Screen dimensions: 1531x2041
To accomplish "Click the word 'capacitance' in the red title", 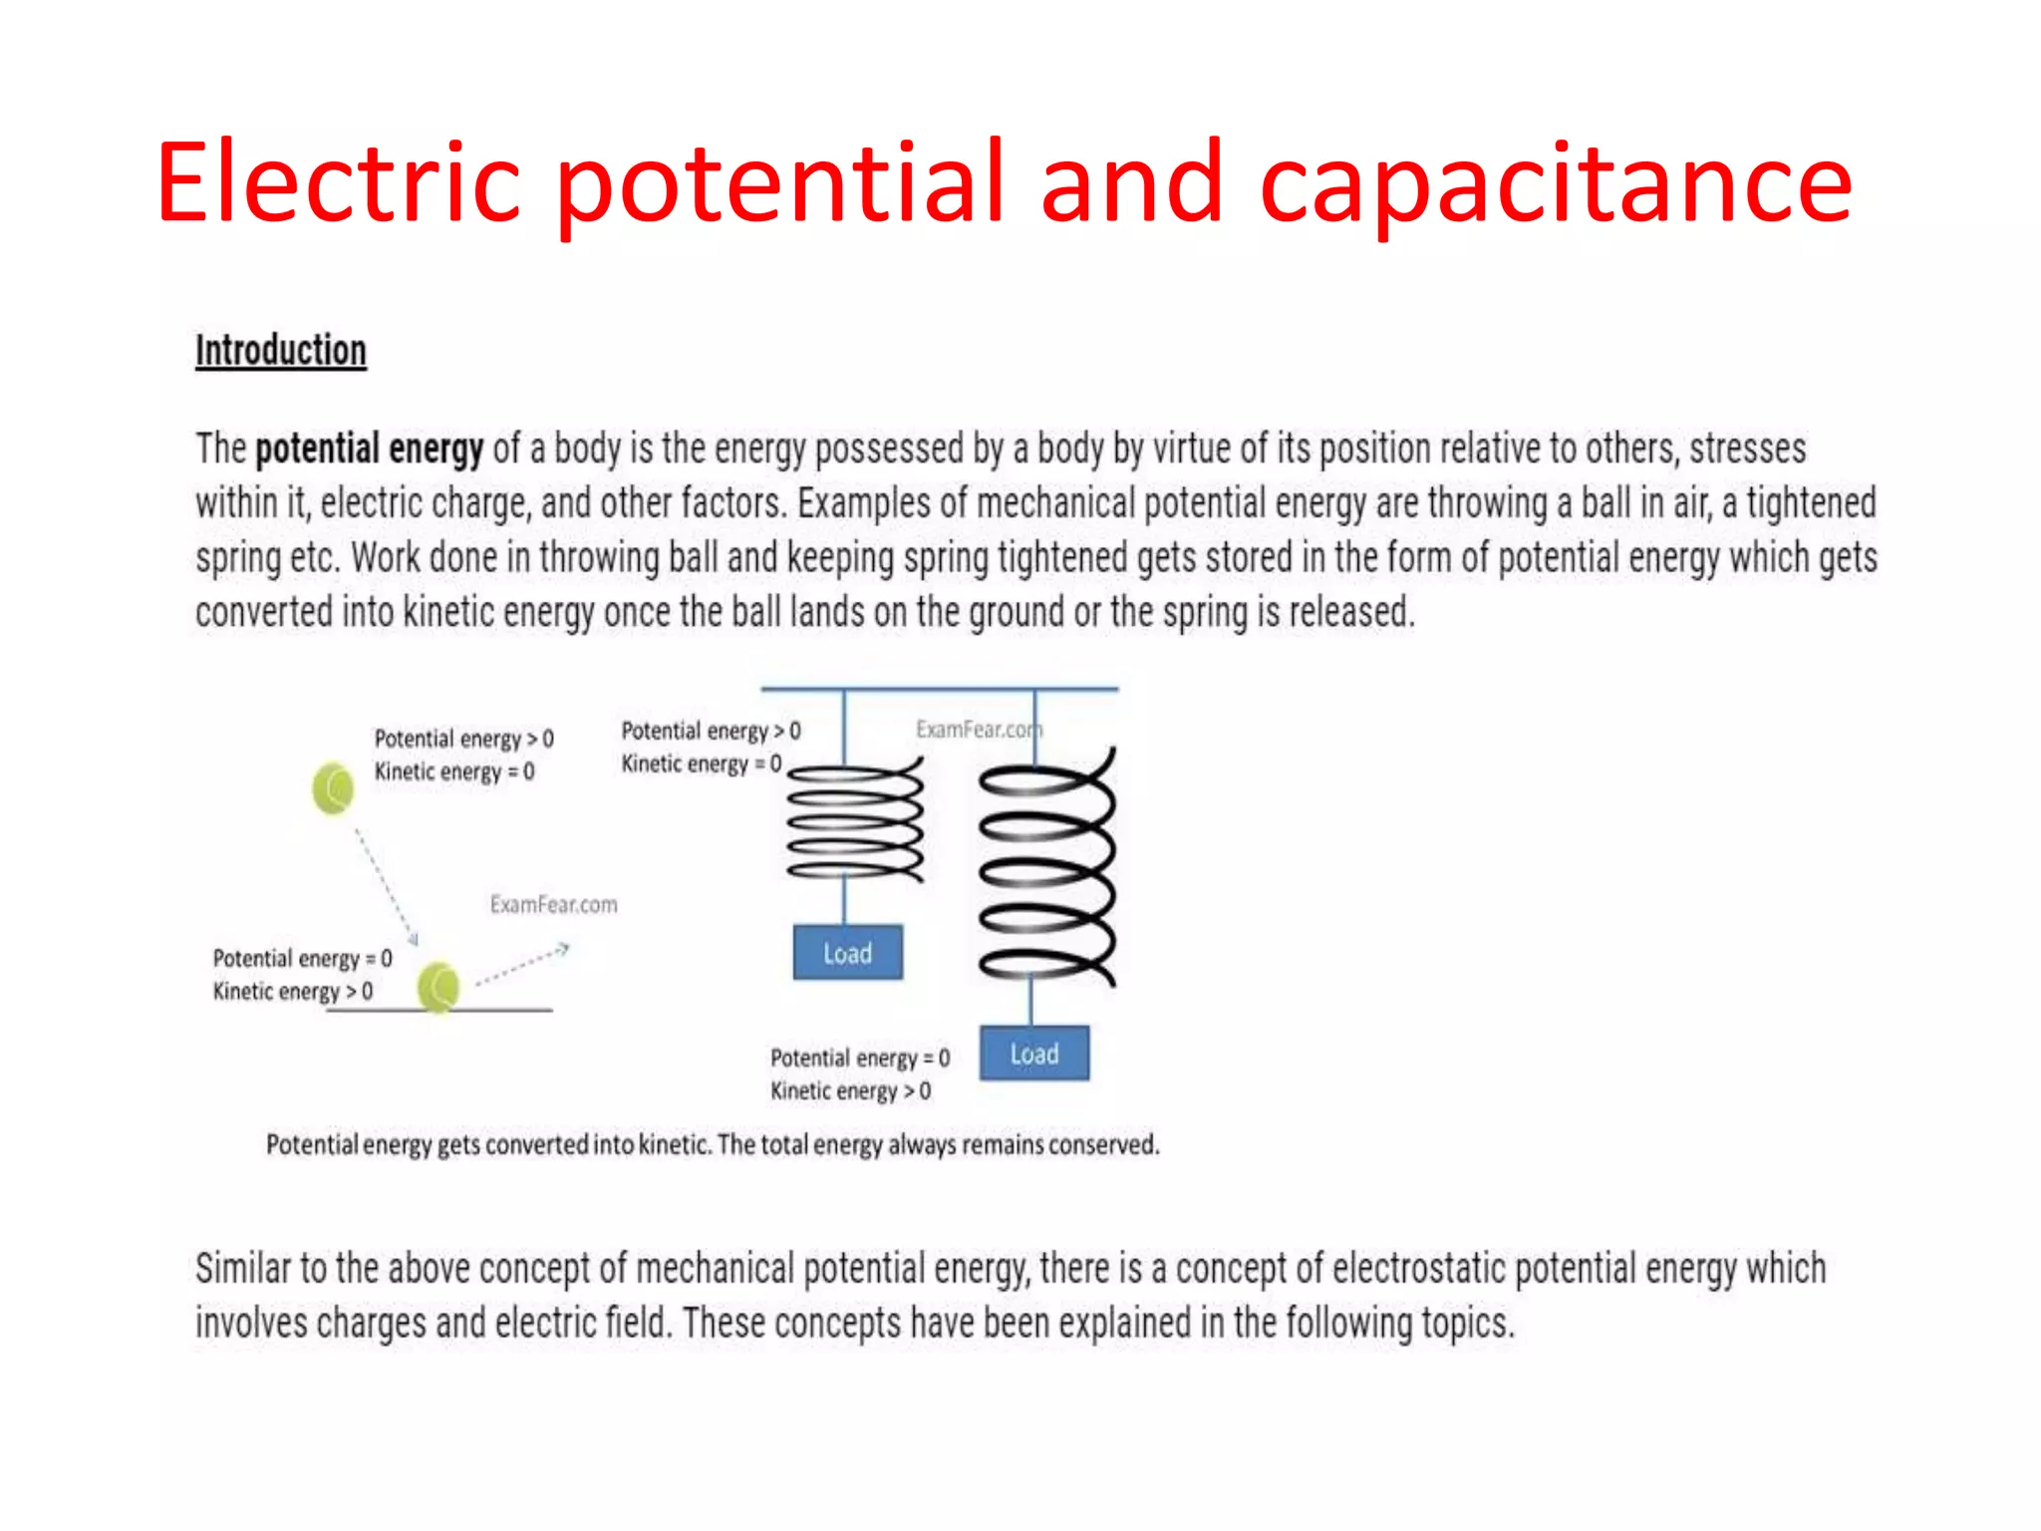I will [x=1555, y=184].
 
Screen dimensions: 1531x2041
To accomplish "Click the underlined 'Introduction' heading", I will [x=281, y=351].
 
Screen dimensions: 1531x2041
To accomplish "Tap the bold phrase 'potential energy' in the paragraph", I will [x=370, y=449].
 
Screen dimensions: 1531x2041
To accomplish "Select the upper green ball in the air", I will [x=333, y=788].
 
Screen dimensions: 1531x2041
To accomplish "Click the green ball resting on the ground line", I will [x=438, y=987].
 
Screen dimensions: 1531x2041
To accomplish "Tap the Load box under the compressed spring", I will [x=847, y=953].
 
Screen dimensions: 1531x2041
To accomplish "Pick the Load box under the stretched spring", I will [x=1033, y=1054].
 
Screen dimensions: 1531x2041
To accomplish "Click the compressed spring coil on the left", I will [x=855, y=820].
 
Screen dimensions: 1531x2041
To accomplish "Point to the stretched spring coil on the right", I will [x=1046, y=867].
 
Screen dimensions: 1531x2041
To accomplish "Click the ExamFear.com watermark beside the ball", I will [x=553, y=904].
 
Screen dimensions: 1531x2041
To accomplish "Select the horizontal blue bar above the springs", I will [x=939, y=689].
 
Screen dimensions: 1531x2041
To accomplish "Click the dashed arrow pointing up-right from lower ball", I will [x=522, y=965].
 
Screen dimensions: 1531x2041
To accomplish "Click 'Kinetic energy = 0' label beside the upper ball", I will [x=454, y=771].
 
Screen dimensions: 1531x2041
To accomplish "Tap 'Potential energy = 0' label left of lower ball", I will [x=302, y=958].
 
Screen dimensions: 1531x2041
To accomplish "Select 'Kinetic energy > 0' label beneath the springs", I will [x=850, y=1090].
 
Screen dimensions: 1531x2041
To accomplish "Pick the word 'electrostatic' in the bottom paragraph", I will [x=1418, y=1269].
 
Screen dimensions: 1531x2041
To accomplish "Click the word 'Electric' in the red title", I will [x=338, y=184].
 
